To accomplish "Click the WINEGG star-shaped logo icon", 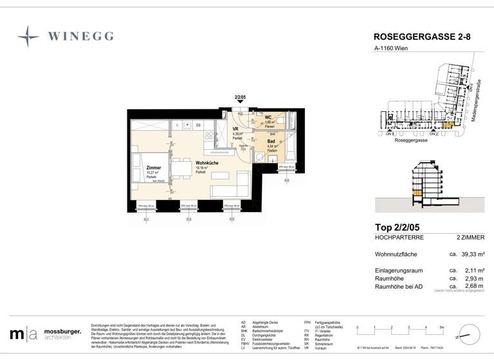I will click(28, 37).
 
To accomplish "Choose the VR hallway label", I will click(236, 129).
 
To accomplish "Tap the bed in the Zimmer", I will click(139, 169).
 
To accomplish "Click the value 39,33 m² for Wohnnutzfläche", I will click(469, 255).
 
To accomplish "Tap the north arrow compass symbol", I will click(468, 334).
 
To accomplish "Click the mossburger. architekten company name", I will click(62, 334).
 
